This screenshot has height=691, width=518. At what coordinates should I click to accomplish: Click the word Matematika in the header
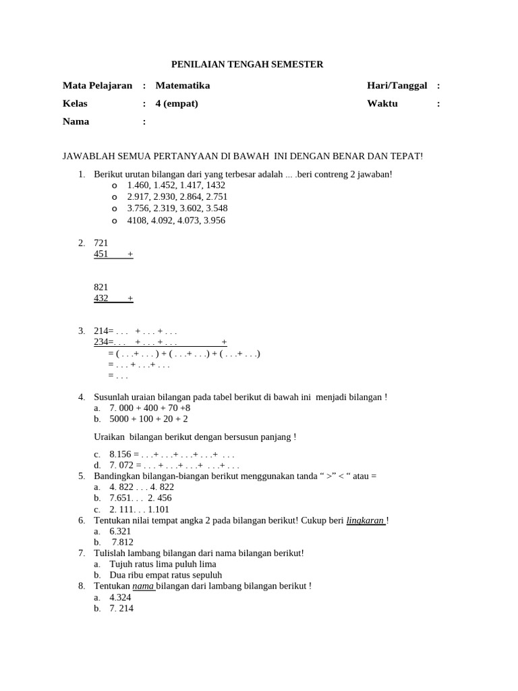pyautogui.click(x=182, y=86)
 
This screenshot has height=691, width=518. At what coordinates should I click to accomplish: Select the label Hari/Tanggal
pyautogui.click(x=397, y=86)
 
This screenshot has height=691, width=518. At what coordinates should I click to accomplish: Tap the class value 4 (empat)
pyautogui.click(x=177, y=104)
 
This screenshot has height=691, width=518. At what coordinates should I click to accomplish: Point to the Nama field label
pyautogui.click(x=76, y=122)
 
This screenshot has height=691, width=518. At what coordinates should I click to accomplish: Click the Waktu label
pyautogui.click(x=382, y=104)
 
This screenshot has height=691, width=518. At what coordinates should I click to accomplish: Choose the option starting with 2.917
pyautogui.click(x=177, y=197)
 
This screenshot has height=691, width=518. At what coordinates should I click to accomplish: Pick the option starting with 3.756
pyautogui.click(x=177, y=209)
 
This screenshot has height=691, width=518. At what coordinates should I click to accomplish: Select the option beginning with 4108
pyautogui.click(x=176, y=221)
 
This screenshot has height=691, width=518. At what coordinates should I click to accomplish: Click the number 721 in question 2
pyautogui.click(x=100, y=243)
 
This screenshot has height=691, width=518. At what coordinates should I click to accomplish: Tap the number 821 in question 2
pyautogui.click(x=100, y=287)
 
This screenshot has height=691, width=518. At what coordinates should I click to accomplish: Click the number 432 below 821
pyautogui.click(x=100, y=298)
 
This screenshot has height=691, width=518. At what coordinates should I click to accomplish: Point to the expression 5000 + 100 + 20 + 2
pyautogui.click(x=148, y=419)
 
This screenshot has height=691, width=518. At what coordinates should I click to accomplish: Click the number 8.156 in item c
pyautogui.click(x=120, y=454)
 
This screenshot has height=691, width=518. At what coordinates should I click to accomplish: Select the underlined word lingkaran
pyautogui.click(x=365, y=520)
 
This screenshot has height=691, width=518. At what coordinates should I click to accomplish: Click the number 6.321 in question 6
pyautogui.click(x=120, y=532)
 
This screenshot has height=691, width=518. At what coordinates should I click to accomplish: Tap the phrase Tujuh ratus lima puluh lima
pyautogui.click(x=163, y=564)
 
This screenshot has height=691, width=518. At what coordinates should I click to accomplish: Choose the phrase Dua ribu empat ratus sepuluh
pyautogui.click(x=165, y=576)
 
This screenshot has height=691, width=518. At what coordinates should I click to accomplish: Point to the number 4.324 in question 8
pyautogui.click(x=120, y=598)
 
